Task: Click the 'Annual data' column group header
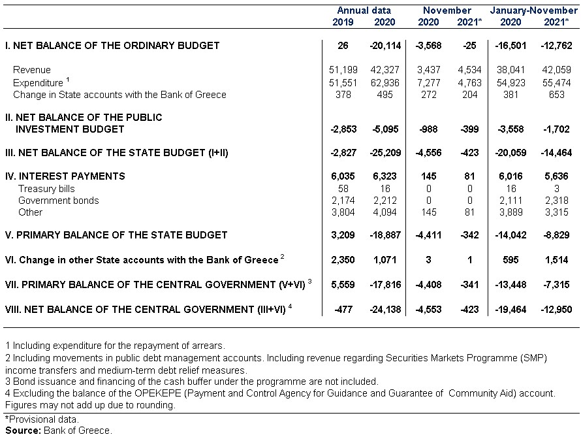coord(364,10)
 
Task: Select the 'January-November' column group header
coord(533,10)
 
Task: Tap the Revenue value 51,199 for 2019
coord(343,70)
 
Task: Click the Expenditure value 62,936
coord(385,82)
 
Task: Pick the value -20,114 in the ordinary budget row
coord(385,46)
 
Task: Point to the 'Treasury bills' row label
coord(47,189)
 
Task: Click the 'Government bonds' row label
coord(59,201)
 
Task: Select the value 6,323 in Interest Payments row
coord(385,176)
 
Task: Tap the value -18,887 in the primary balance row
coord(385,235)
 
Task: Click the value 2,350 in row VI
coord(343,260)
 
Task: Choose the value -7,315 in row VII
coord(556,285)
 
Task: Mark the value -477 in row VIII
coord(343,310)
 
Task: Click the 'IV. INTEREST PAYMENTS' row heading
coord(65,176)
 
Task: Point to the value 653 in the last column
coord(557,95)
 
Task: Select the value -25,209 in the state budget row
coord(385,153)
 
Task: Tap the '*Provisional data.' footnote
coord(42,419)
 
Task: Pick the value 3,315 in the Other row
coord(557,212)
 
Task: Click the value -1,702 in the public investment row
coord(556,129)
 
